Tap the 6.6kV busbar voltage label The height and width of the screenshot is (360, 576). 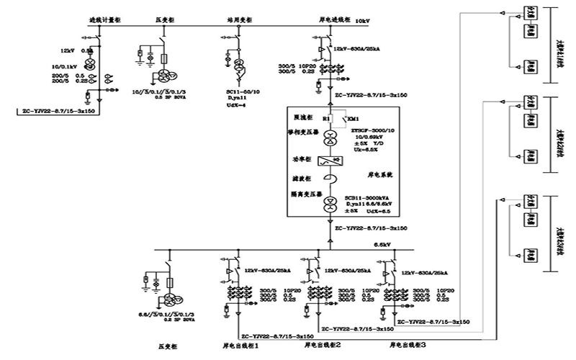[382, 245]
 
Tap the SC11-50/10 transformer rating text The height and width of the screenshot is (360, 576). [241, 92]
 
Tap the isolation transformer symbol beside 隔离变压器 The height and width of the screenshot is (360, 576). [330, 206]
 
